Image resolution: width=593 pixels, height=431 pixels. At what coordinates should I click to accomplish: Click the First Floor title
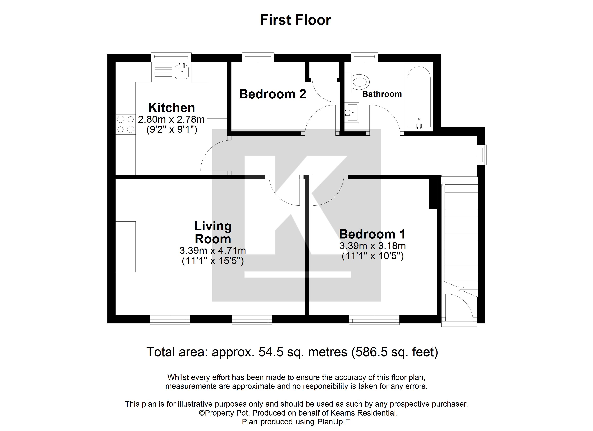295,20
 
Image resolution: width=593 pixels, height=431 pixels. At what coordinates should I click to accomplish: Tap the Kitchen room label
171,108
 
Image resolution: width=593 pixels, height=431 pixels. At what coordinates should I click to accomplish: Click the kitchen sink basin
182,71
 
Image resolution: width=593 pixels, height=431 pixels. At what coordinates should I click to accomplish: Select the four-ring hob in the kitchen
125,124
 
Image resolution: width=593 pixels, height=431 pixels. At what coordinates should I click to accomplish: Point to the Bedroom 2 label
272,94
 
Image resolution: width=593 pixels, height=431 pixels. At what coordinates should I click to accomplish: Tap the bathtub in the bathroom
419,97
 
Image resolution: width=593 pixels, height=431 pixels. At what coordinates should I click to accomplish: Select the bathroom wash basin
352,113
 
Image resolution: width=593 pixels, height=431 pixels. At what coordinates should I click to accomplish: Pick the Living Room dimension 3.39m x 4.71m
213,251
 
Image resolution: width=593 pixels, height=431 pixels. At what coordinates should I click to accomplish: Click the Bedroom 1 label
372,234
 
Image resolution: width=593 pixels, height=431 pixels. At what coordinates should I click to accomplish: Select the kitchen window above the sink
171,56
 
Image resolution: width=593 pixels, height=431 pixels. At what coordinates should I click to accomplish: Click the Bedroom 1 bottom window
374,320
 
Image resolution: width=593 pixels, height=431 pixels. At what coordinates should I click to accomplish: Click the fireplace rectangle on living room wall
125,246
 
